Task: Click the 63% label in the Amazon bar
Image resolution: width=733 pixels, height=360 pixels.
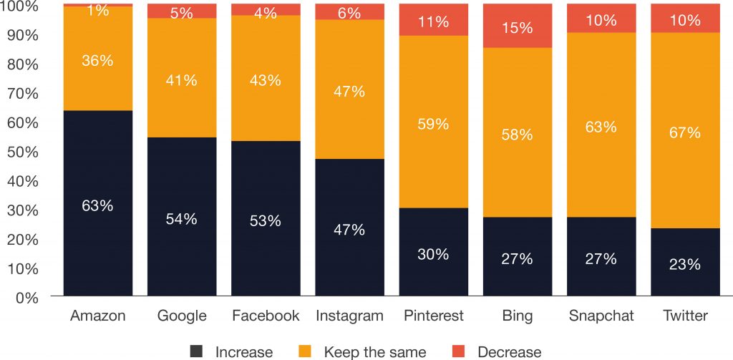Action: (97, 205)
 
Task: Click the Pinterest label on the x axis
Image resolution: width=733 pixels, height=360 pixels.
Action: (433, 316)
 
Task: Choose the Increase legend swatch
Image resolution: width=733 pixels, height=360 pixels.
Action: (197, 351)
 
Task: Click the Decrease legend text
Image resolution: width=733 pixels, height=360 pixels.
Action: (509, 351)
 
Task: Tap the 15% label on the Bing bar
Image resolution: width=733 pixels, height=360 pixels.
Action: (517, 28)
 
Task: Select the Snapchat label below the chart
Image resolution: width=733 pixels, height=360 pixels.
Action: (601, 316)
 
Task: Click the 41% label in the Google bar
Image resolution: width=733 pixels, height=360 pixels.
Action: (181, 80)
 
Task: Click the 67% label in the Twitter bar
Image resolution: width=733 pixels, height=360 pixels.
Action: (684, 132)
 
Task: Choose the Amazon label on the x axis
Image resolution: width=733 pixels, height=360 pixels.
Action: (97, 316)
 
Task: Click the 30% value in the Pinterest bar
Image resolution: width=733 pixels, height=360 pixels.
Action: (433, 254)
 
